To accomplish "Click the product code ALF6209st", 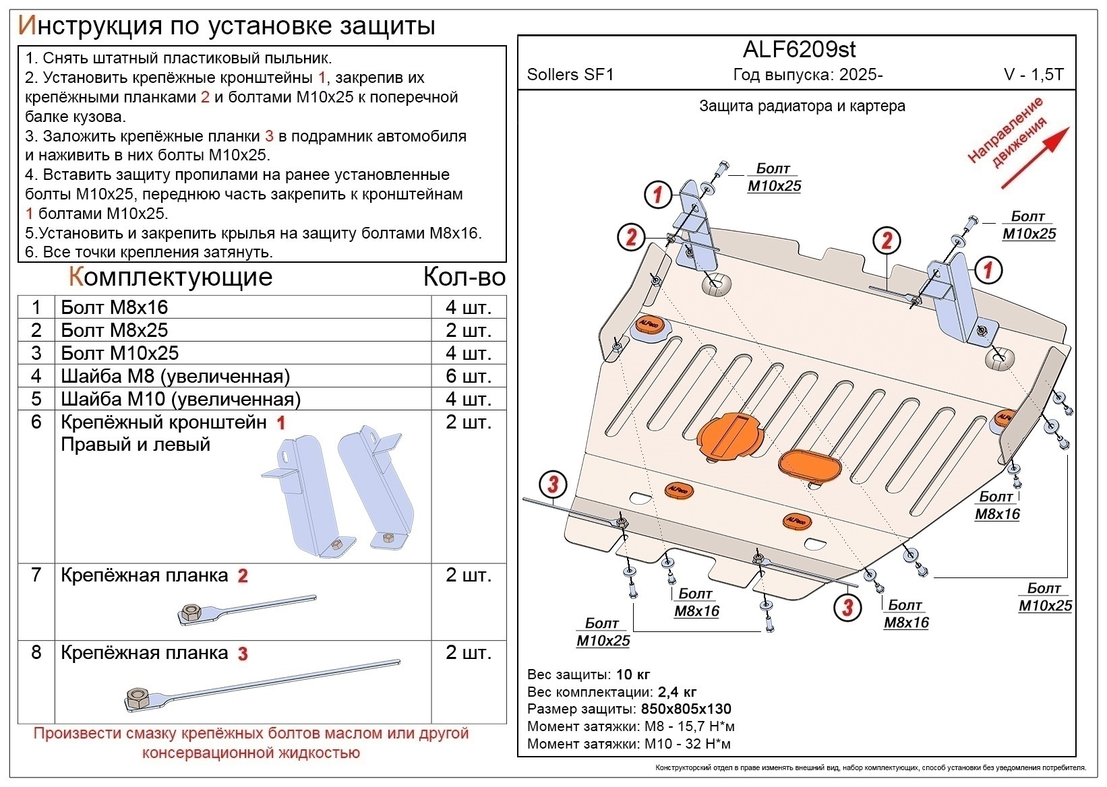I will [799, 49].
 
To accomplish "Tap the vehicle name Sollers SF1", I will [570, 74].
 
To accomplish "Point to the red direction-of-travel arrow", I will [1035, 158].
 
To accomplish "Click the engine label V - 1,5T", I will [1033, 74].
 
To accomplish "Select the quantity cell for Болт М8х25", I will [468, 330].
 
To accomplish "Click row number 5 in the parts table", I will [36, 399].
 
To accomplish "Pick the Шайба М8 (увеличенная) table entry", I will [175, 376].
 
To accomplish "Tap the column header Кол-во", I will [464, 277].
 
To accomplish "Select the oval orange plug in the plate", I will [809, 465].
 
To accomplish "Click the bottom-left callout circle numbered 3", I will [553, 484].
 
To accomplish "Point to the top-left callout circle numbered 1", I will [658, 195].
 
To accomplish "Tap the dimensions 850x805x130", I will [685, 709].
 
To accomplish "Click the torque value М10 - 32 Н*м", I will [688, 744].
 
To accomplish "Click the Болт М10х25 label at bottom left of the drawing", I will [603, 632].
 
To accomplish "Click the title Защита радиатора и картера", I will [802, 106].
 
